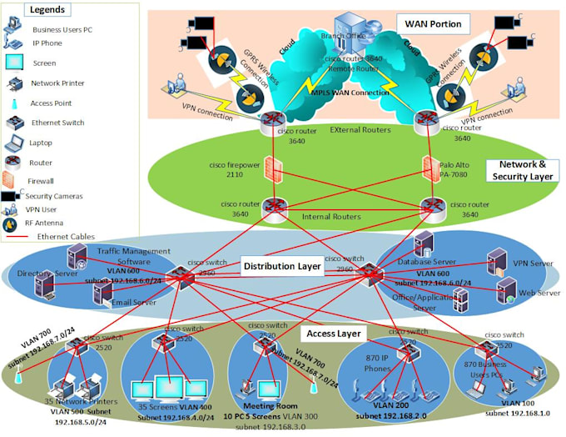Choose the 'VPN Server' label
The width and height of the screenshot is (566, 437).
pos(533,264)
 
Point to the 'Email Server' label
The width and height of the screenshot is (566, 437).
pos(133,302)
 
